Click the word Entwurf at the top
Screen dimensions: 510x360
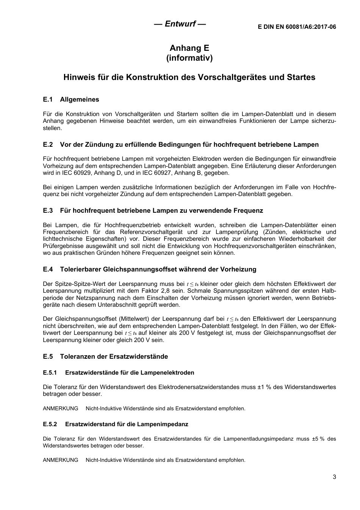(x=180, y=24)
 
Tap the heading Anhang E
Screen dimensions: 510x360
(x=189, y=48)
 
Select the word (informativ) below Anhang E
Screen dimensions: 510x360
(x=189, y=58)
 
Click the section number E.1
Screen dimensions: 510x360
(x=47, y=100)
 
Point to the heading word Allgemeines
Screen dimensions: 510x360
(x=80, y=100)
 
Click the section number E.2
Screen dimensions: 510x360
(x=47, y=144)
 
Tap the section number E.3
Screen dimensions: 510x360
(x=47, y=210)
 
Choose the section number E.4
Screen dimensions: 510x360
(x=47, y=269)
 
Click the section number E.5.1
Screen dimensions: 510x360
(x=50, y=373)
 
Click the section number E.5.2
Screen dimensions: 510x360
(x=50, y=424)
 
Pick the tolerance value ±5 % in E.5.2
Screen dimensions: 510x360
(x=318, y=439)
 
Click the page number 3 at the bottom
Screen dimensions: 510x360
(x=334, y=477)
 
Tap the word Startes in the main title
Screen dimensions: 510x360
(x=301, y=77)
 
